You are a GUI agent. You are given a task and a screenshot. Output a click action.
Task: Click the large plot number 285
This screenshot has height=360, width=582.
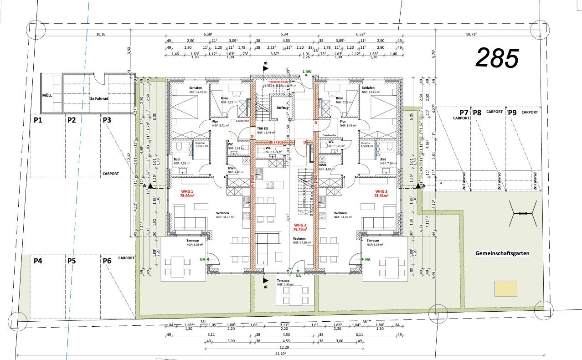pos(497,58)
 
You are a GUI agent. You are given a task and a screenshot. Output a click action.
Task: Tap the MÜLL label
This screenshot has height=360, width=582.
pos(46,96)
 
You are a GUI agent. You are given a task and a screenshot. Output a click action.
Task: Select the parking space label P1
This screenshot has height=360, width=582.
pos(37,120)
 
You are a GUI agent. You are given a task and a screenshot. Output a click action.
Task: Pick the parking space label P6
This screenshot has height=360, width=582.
pos(107,261)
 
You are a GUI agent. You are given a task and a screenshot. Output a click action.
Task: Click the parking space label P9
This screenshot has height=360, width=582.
pos(512,113)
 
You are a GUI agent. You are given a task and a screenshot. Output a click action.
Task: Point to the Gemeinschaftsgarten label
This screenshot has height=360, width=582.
pos(502,253)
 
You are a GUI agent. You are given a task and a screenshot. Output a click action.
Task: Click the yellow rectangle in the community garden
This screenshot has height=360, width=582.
pos(506,288)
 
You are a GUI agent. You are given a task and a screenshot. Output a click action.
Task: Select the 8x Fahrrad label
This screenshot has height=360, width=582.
pos(98,98)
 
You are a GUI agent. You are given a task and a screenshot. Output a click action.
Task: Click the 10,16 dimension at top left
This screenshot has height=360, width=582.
pos(101,34)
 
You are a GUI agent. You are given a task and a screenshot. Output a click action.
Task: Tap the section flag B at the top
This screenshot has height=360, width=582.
pos(266,67)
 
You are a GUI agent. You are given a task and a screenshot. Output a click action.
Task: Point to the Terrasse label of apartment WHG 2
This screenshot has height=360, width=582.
pos(286,281)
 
